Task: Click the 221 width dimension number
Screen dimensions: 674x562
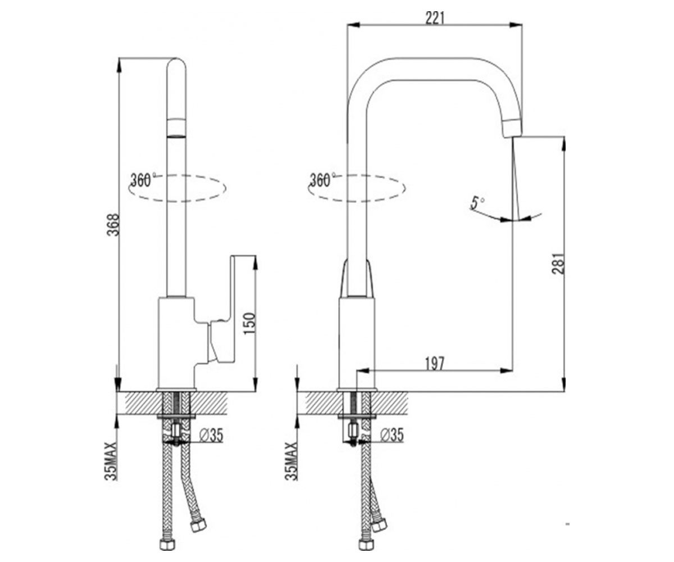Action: coord(435,18)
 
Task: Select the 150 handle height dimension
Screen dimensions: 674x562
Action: coord(249,324)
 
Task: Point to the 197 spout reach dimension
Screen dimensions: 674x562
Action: coord(435,364)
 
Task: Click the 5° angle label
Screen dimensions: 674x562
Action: coord(477,203)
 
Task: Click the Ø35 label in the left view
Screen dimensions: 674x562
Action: coord(211,436)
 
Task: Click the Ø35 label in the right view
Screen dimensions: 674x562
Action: coord(392,436)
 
